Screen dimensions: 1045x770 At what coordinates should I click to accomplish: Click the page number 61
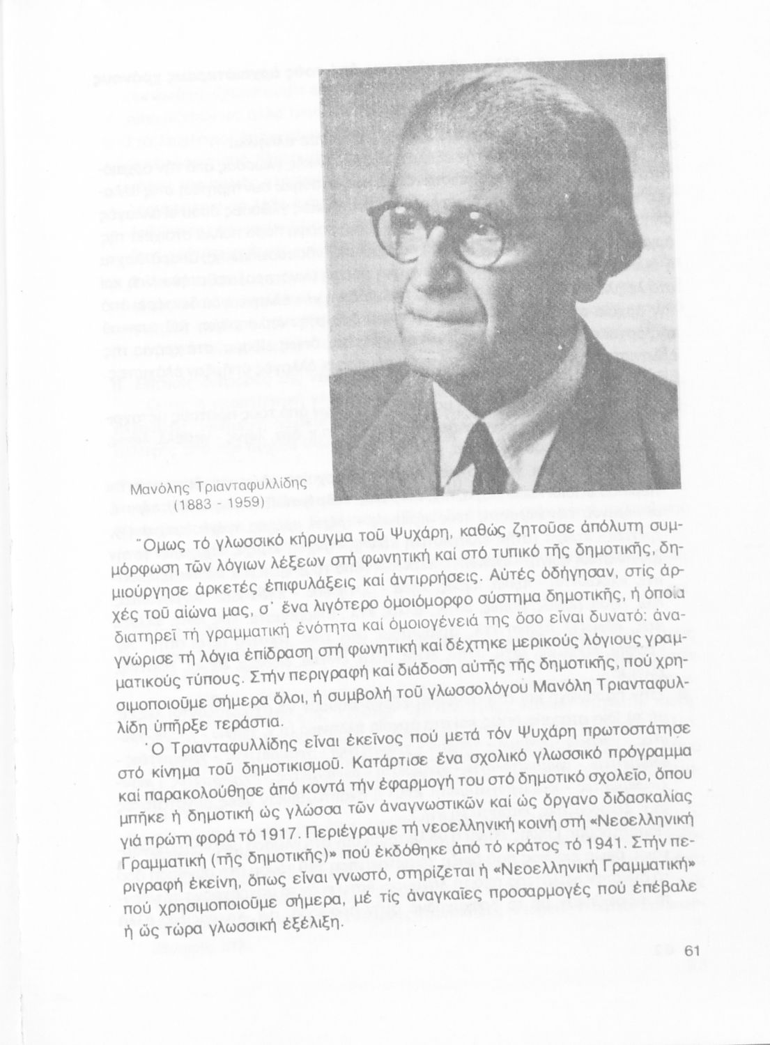pyautogui.click(x=691, y=952)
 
